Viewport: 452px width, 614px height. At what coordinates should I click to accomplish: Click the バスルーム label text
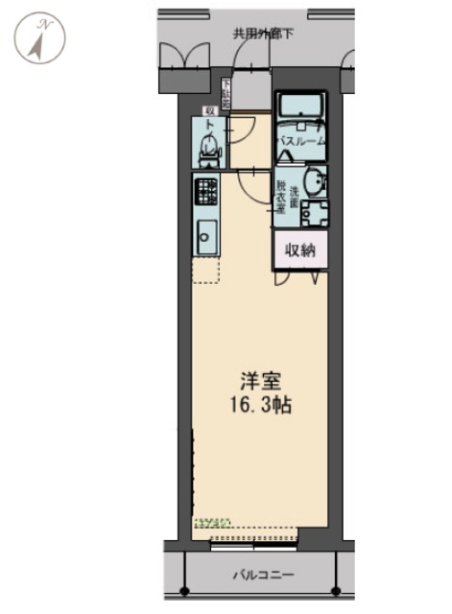(x=300, y=141)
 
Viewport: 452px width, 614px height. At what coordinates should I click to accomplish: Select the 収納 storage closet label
(x=299, y=249)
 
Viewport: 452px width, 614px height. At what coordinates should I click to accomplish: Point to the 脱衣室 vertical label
(x=281, y=197)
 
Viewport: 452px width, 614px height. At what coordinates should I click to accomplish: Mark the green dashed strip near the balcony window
(x=212, y=523)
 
